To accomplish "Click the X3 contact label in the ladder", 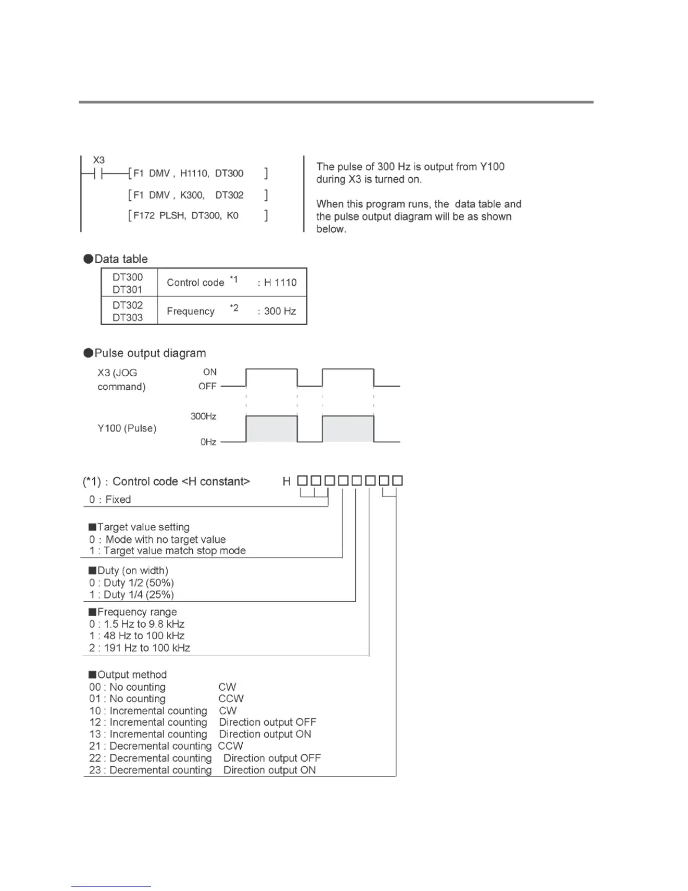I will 99,160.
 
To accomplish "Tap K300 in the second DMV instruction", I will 192,195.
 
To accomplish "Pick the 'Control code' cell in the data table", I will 196,283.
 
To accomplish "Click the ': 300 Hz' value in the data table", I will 277,311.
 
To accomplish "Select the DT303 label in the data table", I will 128,317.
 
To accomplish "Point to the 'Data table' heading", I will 121,259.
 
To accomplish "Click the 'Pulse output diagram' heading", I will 150,353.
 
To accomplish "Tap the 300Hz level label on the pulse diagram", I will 203,416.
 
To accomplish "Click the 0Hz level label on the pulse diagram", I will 208,442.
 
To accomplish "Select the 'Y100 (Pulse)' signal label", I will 127,429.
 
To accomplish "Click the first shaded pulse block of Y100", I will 271,429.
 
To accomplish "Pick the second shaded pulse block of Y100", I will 348,429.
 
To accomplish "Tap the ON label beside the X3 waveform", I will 210,372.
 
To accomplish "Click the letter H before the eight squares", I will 287,481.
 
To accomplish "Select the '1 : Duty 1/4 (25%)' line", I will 132,595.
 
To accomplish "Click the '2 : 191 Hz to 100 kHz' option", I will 139,648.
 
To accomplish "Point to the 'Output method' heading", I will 132,674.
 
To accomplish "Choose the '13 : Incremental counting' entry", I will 148,734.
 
